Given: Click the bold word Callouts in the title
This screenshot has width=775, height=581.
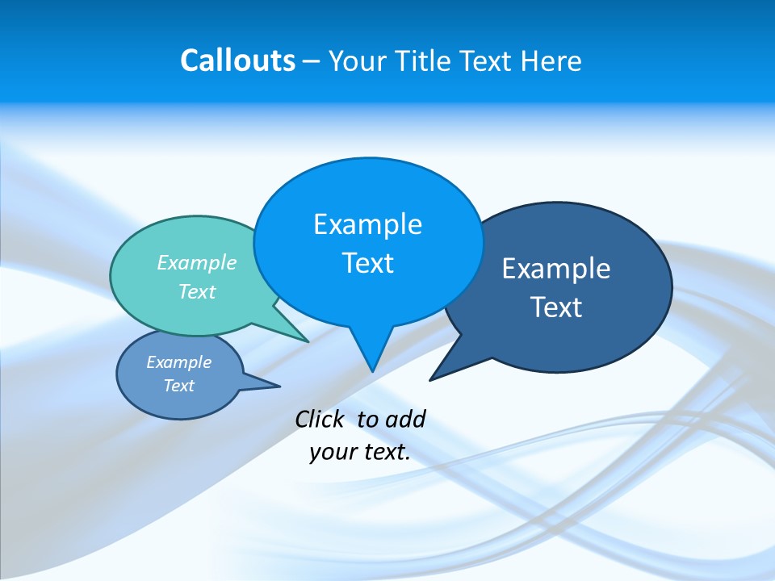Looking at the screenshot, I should click(x=237, y=61).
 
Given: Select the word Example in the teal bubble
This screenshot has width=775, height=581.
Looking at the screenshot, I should click(x=197, y=262).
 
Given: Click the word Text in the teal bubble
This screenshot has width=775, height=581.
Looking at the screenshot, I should click(x=197, y=291).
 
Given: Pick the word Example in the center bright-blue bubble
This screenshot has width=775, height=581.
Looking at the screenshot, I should click(x=367, y=224).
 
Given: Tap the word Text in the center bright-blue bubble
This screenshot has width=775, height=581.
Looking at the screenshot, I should click(x=367, y=263).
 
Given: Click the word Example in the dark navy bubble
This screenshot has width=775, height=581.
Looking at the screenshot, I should click(x=556, y=269).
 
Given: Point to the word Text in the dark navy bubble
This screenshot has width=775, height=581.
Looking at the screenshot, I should click(x=556, y=307).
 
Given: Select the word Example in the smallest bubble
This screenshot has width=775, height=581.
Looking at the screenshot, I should click(x=178, y=362).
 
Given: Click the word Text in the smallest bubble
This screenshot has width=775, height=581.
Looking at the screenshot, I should click(x=178, y=386).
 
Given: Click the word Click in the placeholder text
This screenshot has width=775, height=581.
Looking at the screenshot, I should click(x=319, y=419).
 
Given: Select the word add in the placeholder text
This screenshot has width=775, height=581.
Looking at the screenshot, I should click(x=405, y=419).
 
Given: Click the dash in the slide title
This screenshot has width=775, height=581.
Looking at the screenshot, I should click(x=312, y=62).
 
